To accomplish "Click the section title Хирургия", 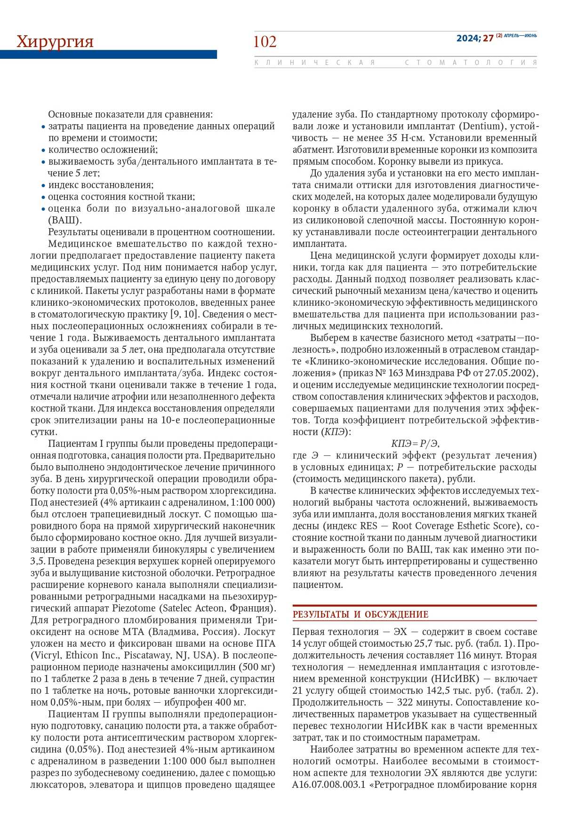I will click(55, 42).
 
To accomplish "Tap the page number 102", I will click(265, 42).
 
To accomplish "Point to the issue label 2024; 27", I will click(474, 39).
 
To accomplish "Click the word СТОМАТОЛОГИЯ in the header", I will click(471, 63).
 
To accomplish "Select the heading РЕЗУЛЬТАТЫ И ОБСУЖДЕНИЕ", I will click(360, 614).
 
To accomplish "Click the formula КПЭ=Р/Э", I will click(415, 444).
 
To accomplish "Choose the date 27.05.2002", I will click(512, 373).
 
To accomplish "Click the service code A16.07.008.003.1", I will click(329, 785).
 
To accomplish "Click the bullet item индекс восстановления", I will click(101, 185).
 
